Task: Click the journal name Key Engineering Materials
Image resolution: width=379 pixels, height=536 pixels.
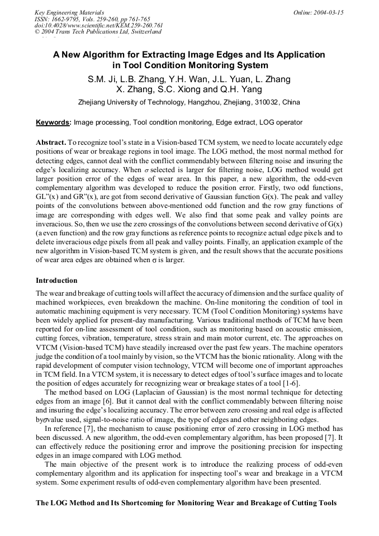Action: [x=69, y=12]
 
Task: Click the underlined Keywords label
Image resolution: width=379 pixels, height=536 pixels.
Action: [x=53, y=122]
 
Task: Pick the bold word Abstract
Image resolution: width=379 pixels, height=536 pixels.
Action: [x=52, y=143]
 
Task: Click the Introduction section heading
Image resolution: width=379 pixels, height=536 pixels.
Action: [x=56, y=280]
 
